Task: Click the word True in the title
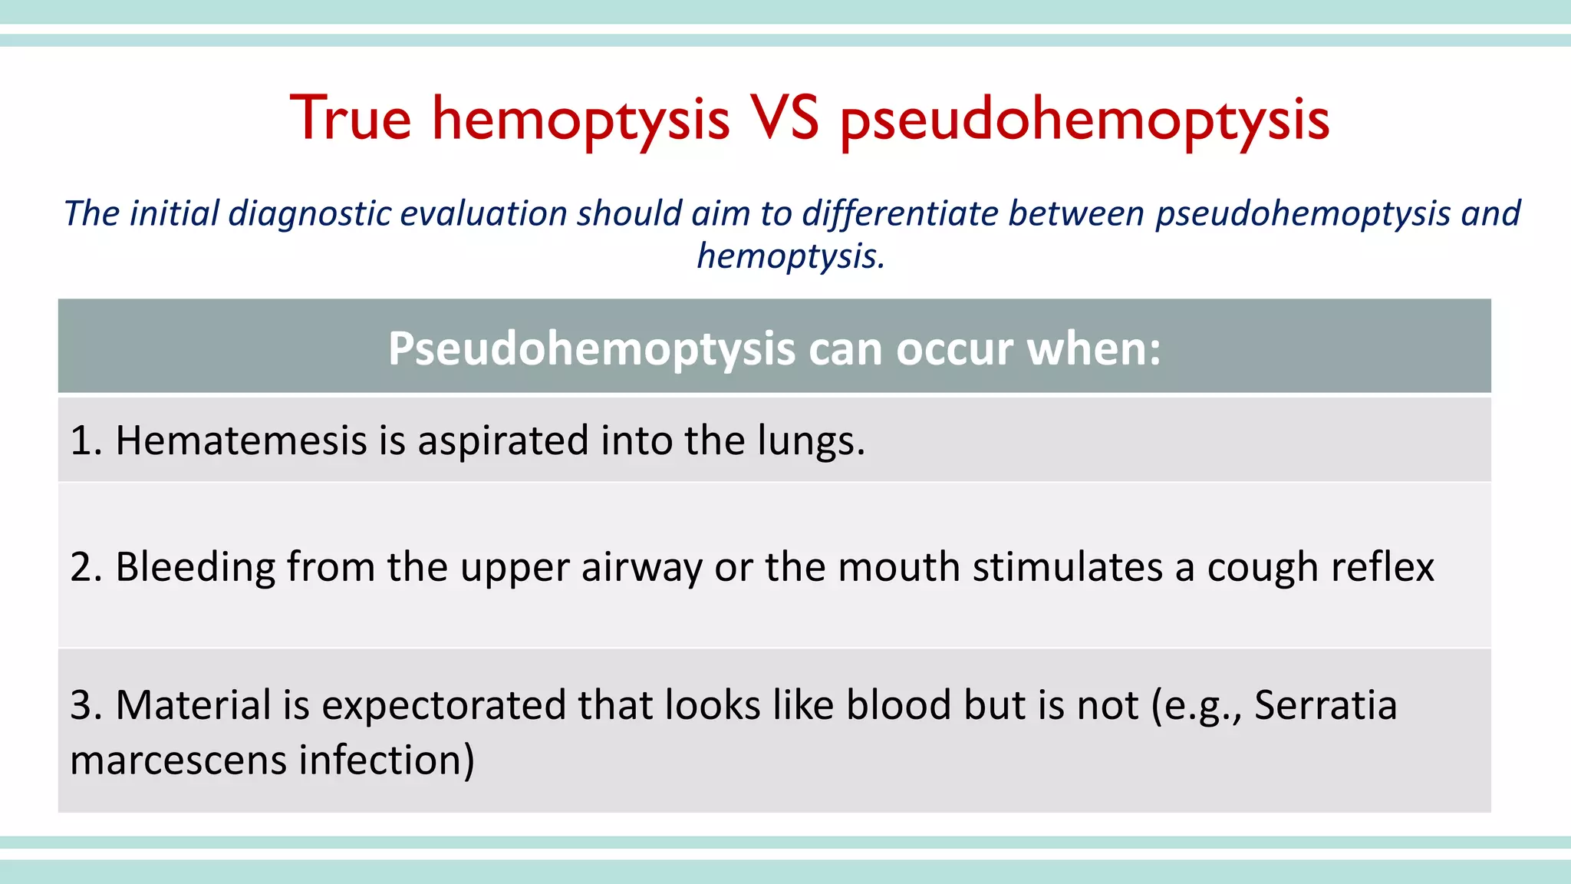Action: click(351, 118)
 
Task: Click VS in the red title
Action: click(784, 118)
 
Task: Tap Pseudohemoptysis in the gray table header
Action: click(591, 350)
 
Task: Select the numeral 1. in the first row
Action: click(86, 441)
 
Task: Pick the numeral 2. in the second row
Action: click(86, 568)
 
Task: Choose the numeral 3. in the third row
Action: click(86, 705)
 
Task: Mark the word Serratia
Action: click(1325, 705)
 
